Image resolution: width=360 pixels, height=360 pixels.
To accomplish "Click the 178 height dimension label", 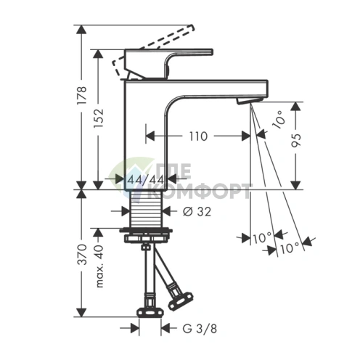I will point(82,94).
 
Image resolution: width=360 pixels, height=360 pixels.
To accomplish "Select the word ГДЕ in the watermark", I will point(177,175).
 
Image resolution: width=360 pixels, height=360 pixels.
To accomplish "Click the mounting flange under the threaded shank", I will point(147,235).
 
